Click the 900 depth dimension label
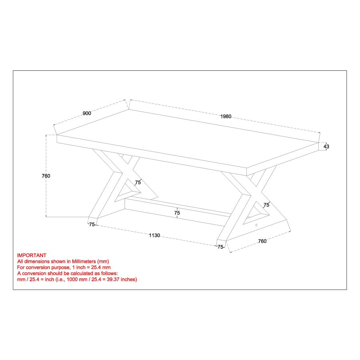pos(87,113)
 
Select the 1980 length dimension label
pos(226,116)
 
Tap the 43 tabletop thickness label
pos(326,147)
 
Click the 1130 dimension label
pos(154,236)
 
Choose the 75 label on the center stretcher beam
pos(177,213)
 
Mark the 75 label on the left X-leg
pos(138,182)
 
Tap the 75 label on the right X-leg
pos(266,205)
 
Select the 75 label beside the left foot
pos(92,224)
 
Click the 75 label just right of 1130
pos(220,247)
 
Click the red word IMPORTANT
pos(32,255)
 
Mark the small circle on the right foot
pos(256,225)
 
